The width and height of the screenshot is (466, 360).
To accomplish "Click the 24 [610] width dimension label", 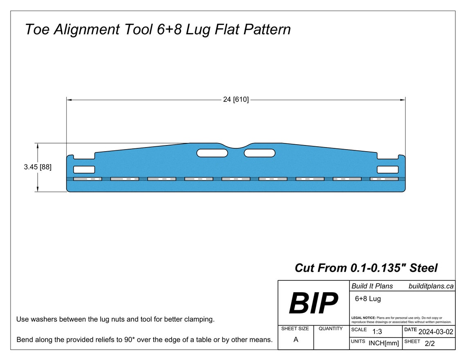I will [236, 99].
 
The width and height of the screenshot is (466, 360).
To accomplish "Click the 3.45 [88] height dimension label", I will [38, 167].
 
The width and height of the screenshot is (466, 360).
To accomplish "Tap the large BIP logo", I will [313, 304].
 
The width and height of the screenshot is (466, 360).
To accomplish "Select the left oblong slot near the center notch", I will [212, 153].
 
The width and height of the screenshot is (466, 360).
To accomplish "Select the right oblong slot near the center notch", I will [260, 153].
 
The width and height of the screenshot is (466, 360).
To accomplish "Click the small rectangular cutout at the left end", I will [84, 170].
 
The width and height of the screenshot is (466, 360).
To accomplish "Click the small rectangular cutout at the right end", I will [388, 170].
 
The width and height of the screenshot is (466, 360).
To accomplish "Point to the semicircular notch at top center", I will [236, 146].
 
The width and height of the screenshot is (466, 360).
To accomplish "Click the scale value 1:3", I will [377, 332].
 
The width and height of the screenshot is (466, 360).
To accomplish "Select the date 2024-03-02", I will [436, 332].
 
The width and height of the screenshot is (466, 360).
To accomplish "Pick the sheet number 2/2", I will [430, 344].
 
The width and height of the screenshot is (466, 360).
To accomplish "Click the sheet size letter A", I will [295, 339].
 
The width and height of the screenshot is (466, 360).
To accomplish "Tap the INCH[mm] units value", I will [383, 343].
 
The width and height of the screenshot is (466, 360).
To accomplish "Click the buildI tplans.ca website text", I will [431, 286].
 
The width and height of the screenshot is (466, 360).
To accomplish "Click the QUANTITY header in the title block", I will [331, 329].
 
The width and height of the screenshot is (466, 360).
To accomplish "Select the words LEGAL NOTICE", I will [363, 318].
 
